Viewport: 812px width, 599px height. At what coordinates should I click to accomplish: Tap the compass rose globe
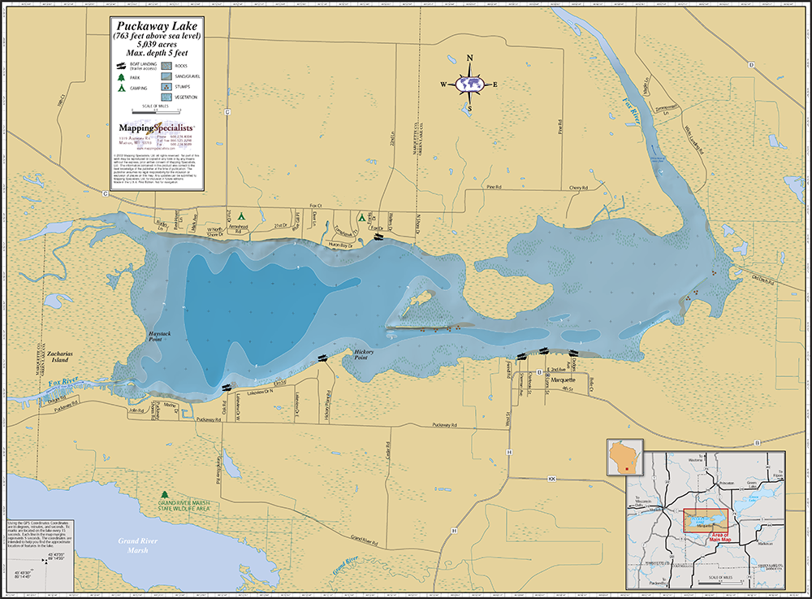click(470, 83)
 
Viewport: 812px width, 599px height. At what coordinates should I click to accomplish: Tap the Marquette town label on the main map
click(563, 380)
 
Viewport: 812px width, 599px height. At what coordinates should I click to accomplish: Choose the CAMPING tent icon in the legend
click(121, 87)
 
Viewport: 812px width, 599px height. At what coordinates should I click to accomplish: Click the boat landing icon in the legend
click(121, 65)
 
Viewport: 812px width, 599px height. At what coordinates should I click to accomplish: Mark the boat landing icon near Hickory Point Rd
click(324, 358)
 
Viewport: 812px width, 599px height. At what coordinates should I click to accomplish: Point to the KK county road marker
click(553, 479)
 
